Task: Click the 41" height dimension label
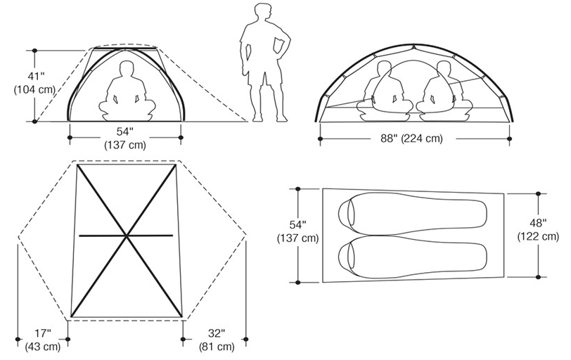36,77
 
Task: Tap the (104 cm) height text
34,90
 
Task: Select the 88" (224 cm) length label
412,139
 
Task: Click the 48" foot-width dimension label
538,223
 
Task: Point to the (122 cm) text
538,236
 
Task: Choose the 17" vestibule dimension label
43,333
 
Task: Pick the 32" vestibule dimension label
217,333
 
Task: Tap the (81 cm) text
217,347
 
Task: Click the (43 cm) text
43,347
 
